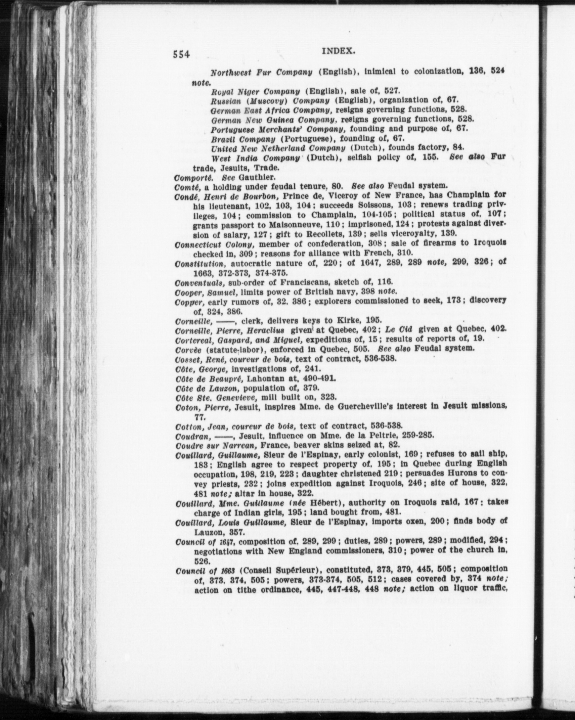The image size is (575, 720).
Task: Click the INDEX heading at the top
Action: pos(338,51)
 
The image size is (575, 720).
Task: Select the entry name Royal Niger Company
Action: pos(255,91)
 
